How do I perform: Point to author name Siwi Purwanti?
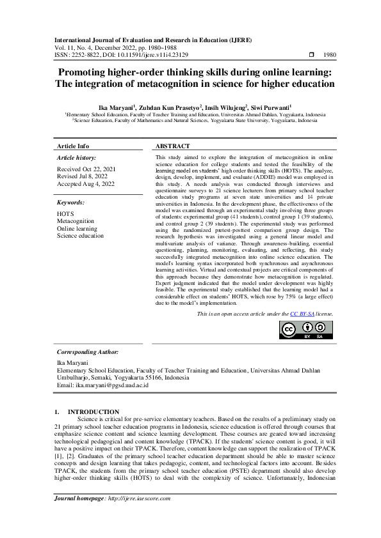click(272, 107)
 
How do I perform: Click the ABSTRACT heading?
click(173, 146)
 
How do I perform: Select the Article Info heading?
click(73, 146)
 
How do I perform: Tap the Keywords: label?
click(71, 203)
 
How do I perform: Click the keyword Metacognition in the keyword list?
click(76, 221)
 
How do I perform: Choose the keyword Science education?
click(80, 236)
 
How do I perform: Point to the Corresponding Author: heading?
click(87, 352)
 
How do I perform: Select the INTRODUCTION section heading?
click(93, 411)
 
